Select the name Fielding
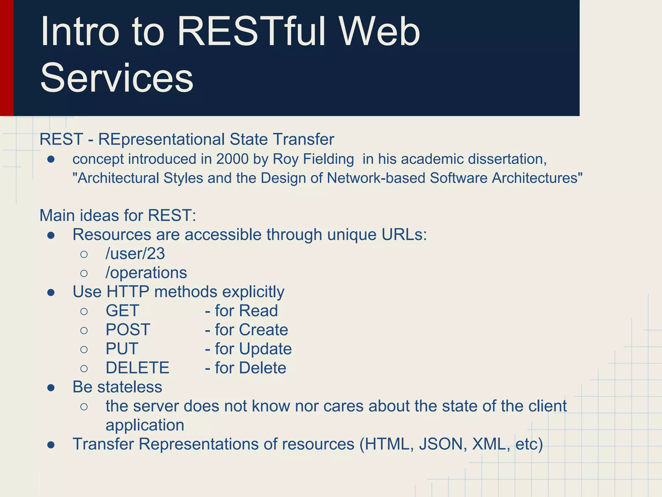click(329, 159)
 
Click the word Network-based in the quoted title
click(376, 178)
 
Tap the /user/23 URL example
click(135, 254)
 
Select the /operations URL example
click(146, 273)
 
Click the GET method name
click(122, 311)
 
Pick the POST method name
click(128, 330)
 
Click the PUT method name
click(122, 349)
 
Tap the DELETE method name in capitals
click(137, 368)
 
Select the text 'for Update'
click(253, 349)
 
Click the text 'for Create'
click(251, 330)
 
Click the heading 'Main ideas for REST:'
click(118, 215)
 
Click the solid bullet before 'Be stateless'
click(51, 388)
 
